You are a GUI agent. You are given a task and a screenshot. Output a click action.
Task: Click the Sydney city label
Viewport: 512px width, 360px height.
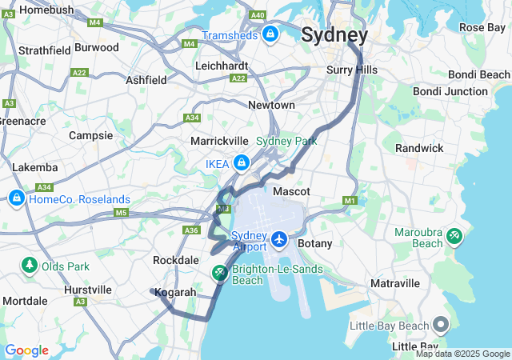click(334, 35)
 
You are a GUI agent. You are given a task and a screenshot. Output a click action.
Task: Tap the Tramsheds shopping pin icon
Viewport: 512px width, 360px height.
click(270, 34)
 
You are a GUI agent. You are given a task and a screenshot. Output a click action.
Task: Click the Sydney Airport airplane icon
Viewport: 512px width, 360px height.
click(279, 238)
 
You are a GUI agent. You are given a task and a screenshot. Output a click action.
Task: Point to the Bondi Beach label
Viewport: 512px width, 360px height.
click(478, 74)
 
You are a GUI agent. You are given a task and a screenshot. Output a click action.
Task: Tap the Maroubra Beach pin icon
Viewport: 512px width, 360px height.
click(454, 236)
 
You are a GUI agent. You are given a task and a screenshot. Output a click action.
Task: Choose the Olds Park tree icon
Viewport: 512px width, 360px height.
click(30, 265)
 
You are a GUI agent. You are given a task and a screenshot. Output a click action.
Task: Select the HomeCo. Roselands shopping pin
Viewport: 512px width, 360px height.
click(16, 198)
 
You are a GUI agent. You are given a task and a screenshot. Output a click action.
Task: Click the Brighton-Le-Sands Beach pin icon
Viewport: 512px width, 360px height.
click(219, 274)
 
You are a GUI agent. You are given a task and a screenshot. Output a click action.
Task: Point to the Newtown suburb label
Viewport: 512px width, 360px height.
click(271, 105)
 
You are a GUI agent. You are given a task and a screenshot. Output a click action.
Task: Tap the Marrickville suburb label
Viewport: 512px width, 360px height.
click(221, 141)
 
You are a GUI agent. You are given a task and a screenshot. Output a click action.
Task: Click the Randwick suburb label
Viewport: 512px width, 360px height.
click(419, 148)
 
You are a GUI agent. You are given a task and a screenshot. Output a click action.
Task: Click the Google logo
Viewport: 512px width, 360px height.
click(26, 350)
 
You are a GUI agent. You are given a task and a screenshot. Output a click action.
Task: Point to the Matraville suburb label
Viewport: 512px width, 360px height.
click(395, 283)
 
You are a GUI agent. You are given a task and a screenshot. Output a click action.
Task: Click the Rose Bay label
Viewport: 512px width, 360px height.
click(482, 27)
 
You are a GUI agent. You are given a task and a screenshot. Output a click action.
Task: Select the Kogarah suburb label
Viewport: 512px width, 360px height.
click(175, 292)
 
